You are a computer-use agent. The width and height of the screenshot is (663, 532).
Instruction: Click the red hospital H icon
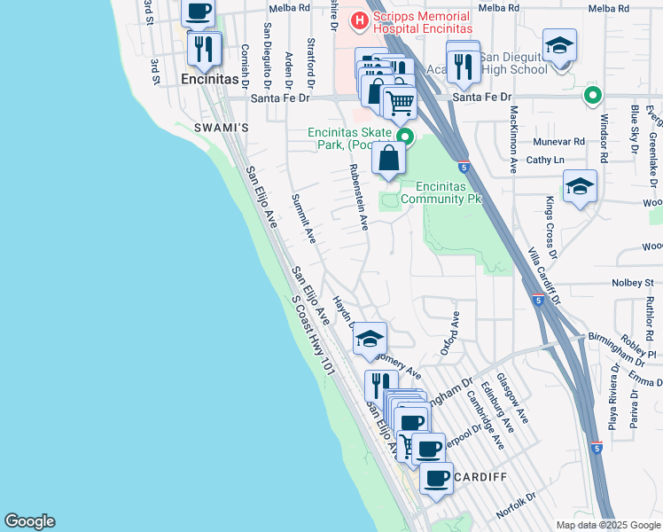pyautogui.click(x=361, y=20)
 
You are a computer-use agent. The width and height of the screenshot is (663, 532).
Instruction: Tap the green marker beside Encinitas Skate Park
pyautogui.click(x=405, y=137)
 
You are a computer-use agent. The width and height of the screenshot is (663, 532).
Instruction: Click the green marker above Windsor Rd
pyautogui.click(x=592, y=95)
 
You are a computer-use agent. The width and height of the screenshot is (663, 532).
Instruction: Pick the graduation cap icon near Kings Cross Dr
pyautogui.click(x=580, y=186)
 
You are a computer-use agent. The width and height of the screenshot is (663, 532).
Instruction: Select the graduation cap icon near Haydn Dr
pyautogui.click(x=370, y=338)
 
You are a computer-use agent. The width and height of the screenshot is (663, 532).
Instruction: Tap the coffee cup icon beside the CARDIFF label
pyautogui.click(x=435, y=478)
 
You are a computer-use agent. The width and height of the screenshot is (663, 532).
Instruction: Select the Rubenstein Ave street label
pyautogui.click(x=358, y=196)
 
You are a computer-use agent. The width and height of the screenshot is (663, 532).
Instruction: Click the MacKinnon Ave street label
pyautogui.click(x=514, y=137)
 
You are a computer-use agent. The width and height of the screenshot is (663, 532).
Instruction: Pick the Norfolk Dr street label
pyautogui.click(x=517, y=505)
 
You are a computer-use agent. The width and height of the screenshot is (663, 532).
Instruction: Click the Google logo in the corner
pyautogui.click(x=29, y=521)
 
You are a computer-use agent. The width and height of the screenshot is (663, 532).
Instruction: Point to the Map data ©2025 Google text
pyautogui.click(x=607, y=525)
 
